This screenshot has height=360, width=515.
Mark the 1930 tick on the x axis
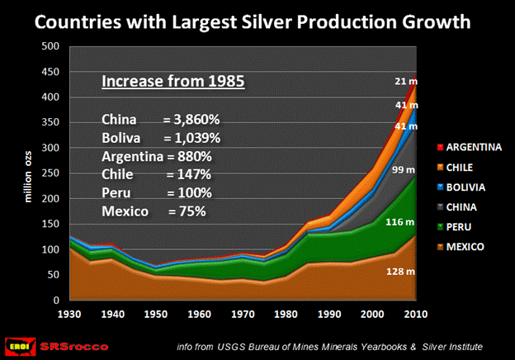(69, 315)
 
